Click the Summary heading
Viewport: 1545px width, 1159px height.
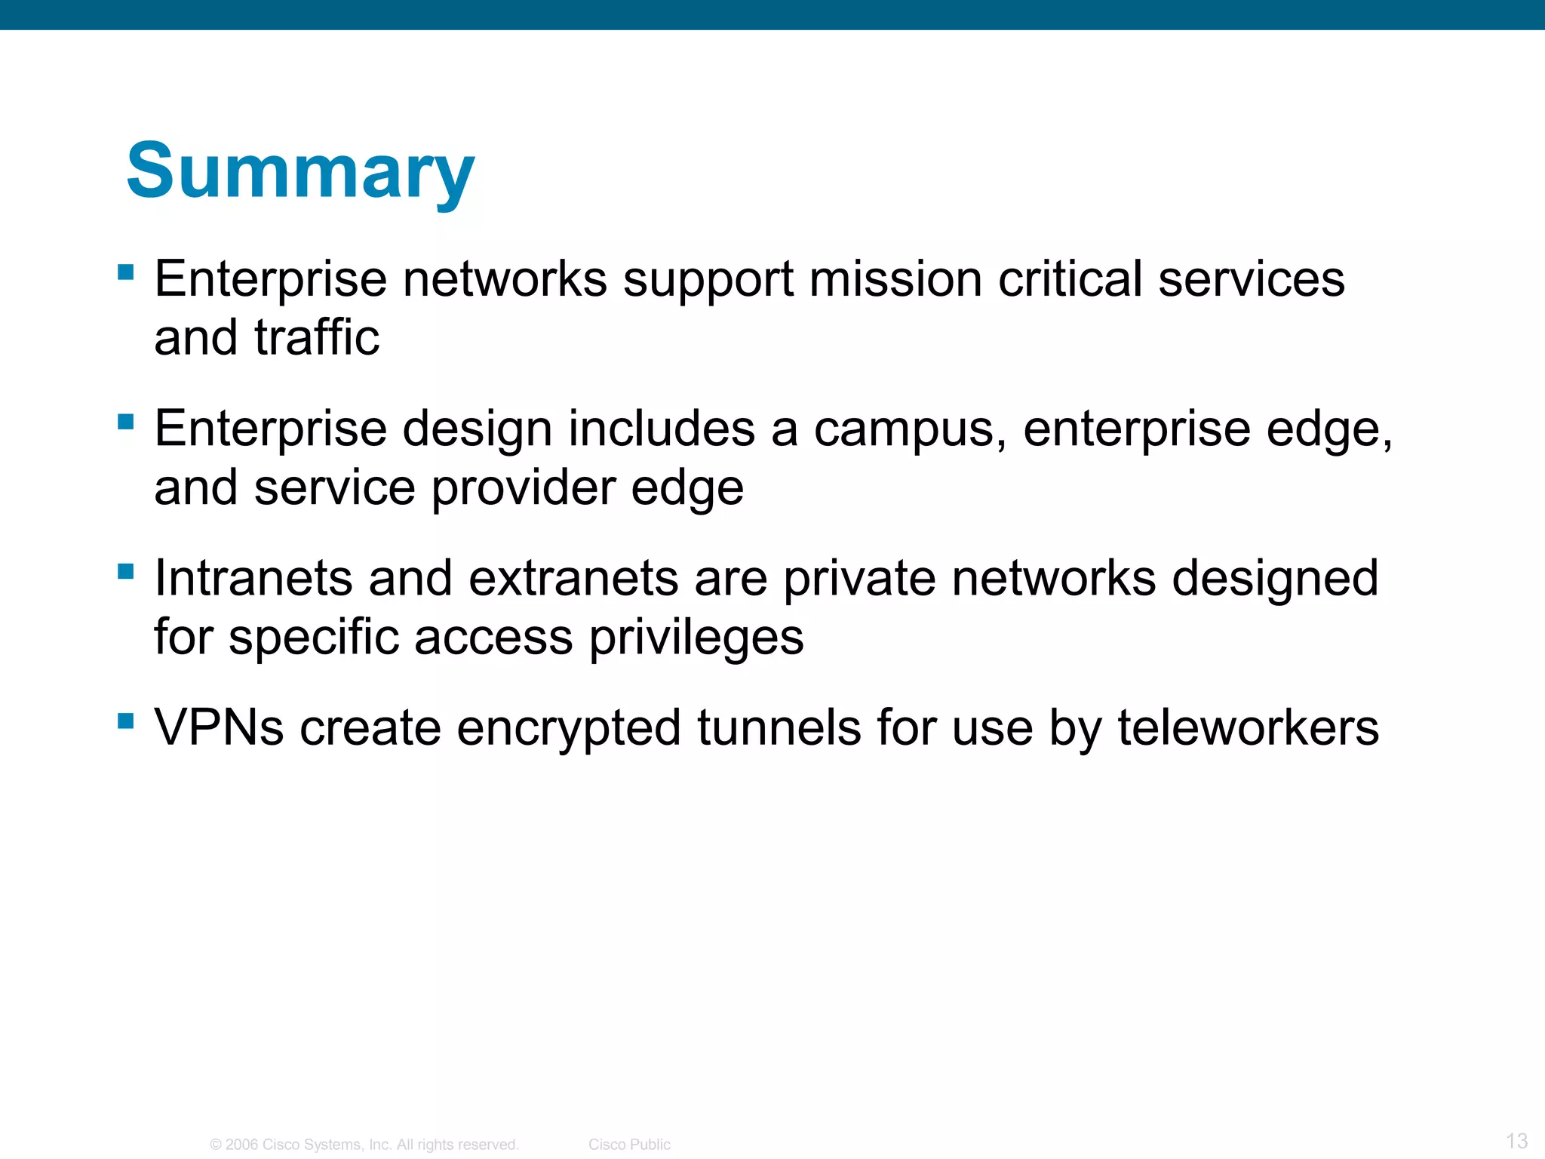click(300, 172)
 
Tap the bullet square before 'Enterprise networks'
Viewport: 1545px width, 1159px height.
click(126, 272)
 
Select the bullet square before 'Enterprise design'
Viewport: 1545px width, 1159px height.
click(126, 421)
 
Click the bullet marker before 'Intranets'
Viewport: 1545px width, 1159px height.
click(126, 571)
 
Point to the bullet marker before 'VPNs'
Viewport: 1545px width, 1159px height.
click(126, 721)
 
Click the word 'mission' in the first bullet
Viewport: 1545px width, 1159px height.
click(895, 279)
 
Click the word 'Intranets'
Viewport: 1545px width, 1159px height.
click(253, 579)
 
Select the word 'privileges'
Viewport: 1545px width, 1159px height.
click(696, 638)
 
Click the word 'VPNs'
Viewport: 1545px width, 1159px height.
click(219, 728)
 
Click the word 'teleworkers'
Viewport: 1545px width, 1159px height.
click(1248, 728)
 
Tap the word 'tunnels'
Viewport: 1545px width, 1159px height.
click(779, 728)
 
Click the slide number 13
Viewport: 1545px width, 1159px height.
click(1516, 1141)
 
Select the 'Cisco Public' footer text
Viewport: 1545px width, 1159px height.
click(629, 1145)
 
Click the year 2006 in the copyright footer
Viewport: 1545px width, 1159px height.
click(241, 1145)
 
